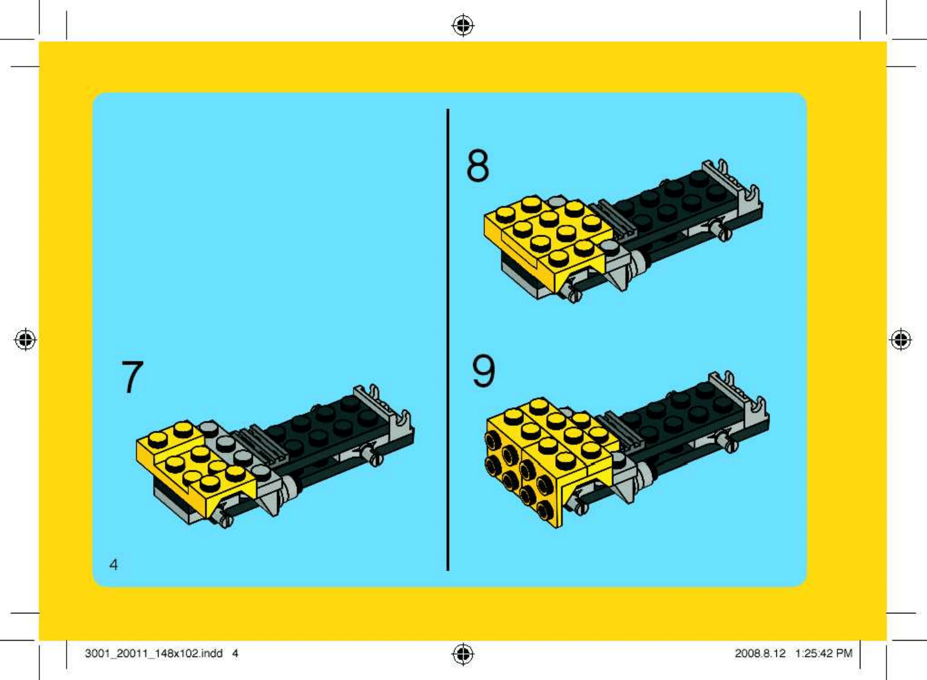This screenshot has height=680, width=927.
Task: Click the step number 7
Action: pos(133,377)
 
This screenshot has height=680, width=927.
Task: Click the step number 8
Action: pos(477,166)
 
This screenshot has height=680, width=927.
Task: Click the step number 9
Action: pos(483,371)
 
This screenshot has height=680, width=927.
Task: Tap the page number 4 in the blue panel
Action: pos(113,564)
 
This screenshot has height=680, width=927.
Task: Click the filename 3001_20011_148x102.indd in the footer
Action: pos(154,653)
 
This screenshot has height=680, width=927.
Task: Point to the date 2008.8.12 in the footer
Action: pos(760,653)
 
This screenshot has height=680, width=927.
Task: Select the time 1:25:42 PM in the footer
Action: pos(824,653)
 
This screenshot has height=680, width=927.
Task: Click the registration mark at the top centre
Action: pos(463,25)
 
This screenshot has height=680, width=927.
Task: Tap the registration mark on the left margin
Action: pos(25,340)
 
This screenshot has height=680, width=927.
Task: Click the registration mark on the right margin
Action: pos(901,340)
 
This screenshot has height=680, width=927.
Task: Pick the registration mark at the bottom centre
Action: pos(463,654)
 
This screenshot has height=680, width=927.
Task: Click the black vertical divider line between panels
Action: pos(448,340)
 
